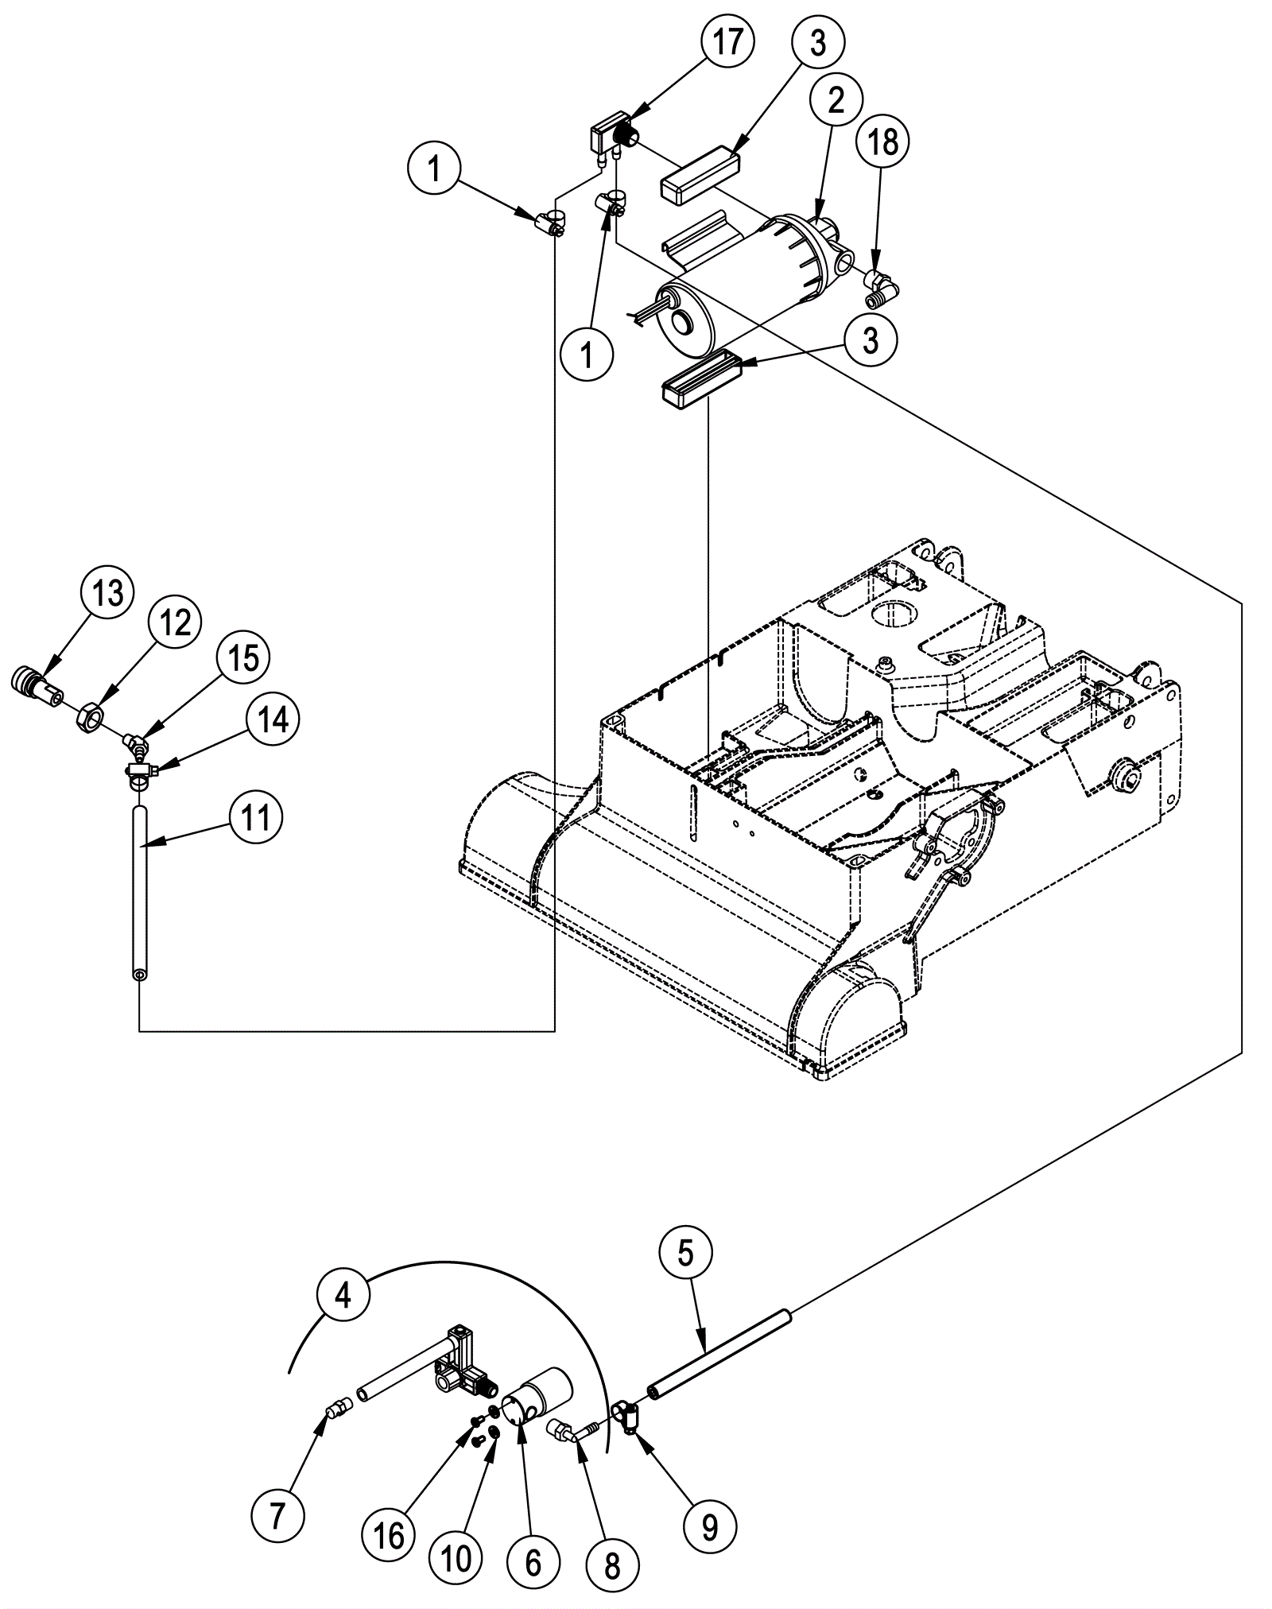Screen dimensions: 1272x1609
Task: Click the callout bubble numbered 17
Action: [x=726, y=42]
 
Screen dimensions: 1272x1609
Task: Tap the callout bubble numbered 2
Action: [x=835, y=100]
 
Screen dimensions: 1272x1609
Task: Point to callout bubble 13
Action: [x=108, y=594]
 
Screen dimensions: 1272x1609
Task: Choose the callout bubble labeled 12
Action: [x=175, y=624]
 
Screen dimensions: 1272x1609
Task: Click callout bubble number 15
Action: [x=243, y=659]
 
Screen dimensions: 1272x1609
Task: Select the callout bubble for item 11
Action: [x=255, y=817]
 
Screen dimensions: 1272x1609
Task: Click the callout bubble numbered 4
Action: [x=343, y=1297]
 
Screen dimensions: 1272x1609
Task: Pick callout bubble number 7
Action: [x=277, y=1518]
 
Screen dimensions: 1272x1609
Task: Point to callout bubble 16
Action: [x=389, y=1537]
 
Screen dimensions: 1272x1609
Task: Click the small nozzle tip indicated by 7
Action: [x=338, y=1412]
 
